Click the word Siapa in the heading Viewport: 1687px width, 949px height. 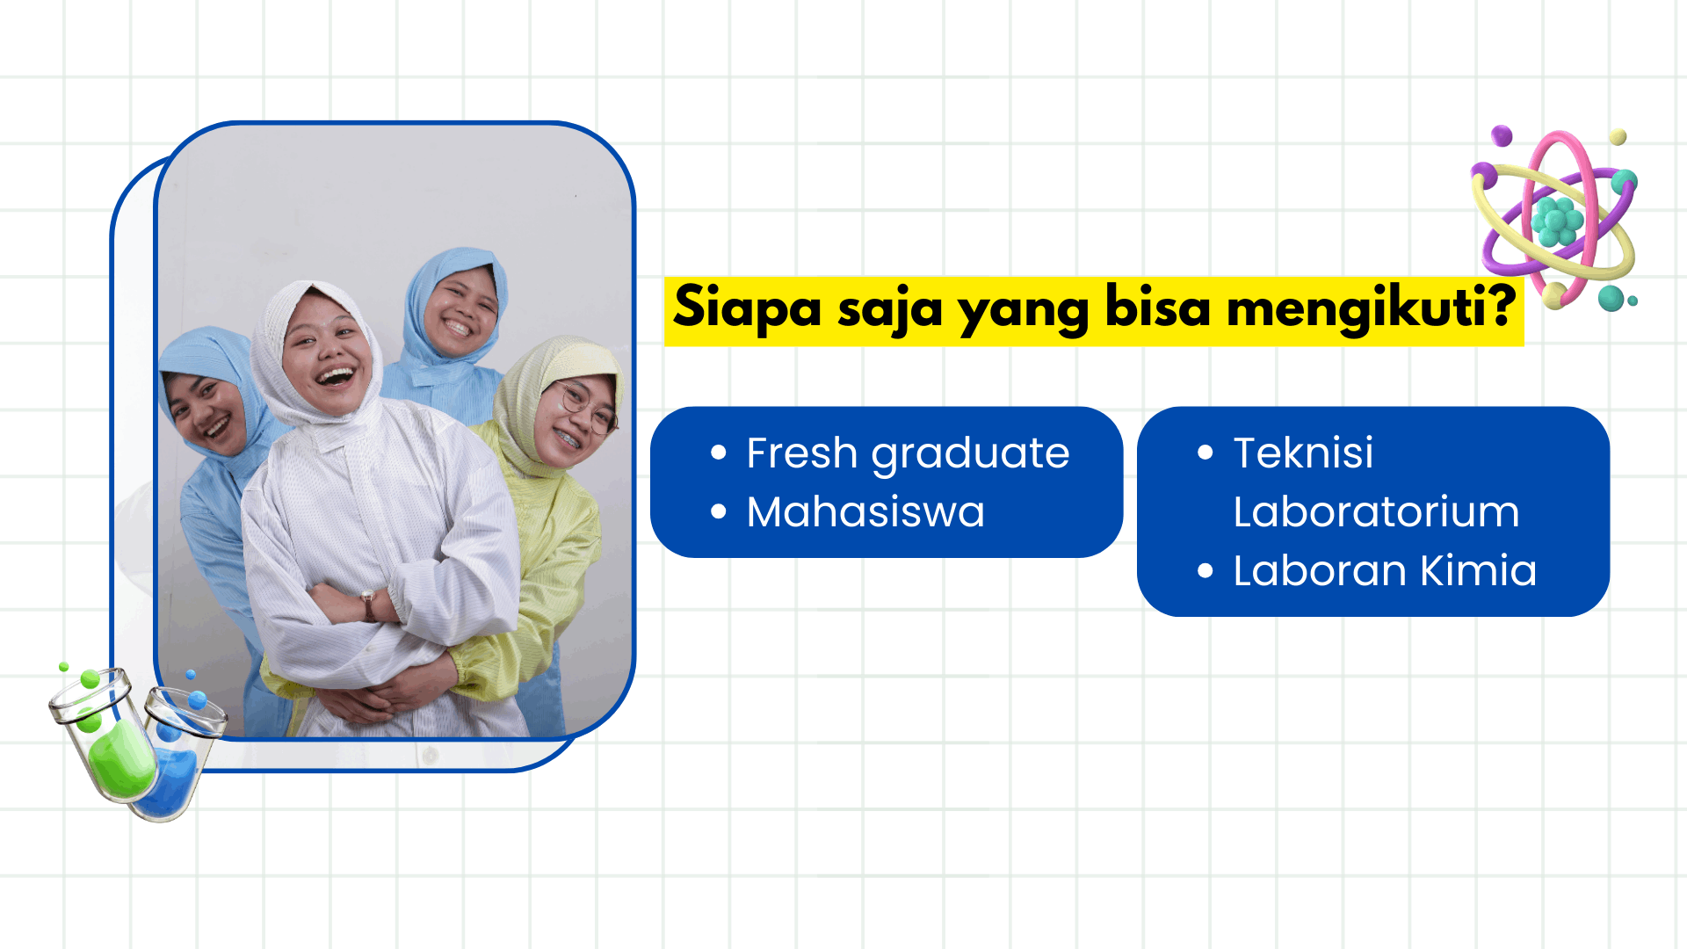pos(748,308)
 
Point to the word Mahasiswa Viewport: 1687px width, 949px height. pos(865,511)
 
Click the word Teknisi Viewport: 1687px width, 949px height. pos(1303,453)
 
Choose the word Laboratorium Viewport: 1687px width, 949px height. pos(1376,511)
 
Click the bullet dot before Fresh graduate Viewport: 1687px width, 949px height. pos(719,453)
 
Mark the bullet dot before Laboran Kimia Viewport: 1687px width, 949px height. pos(1206,570)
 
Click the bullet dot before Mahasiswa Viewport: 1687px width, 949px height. pos(719,511)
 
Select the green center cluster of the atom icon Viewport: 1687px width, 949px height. pos(1557,221)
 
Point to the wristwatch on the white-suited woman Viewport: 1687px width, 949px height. pos(368,605)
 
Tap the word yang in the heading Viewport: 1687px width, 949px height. pos(1024,313)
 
